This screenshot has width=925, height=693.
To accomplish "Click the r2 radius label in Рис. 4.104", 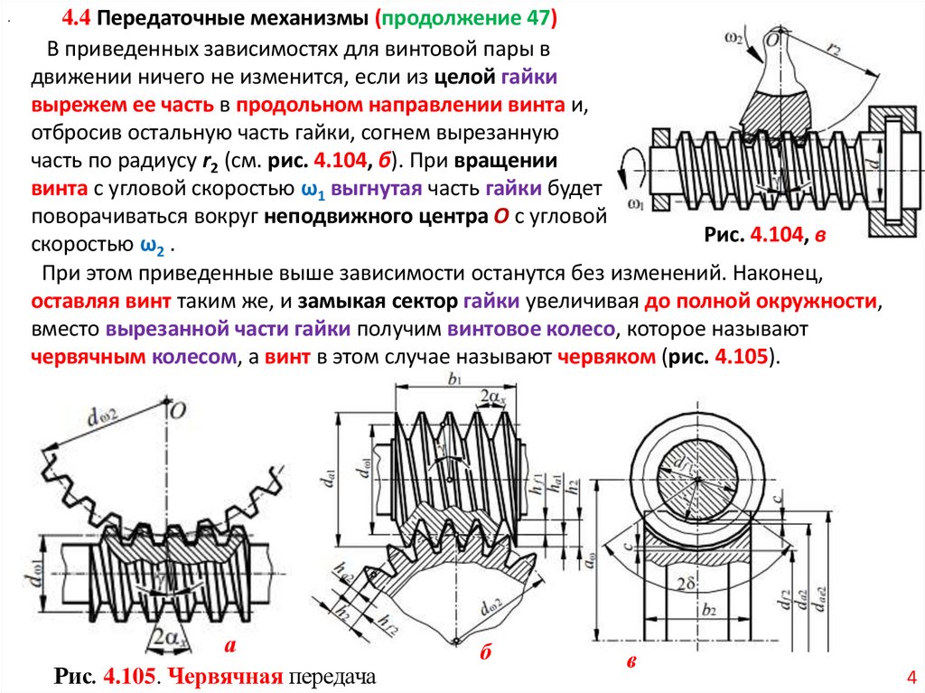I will [837, 52].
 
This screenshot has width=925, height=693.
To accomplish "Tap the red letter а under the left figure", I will [229, 645].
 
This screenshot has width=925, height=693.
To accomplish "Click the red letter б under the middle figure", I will [485, 653].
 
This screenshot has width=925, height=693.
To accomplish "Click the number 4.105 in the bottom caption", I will [129, 676].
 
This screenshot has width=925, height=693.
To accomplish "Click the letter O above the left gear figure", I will [178, 410].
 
